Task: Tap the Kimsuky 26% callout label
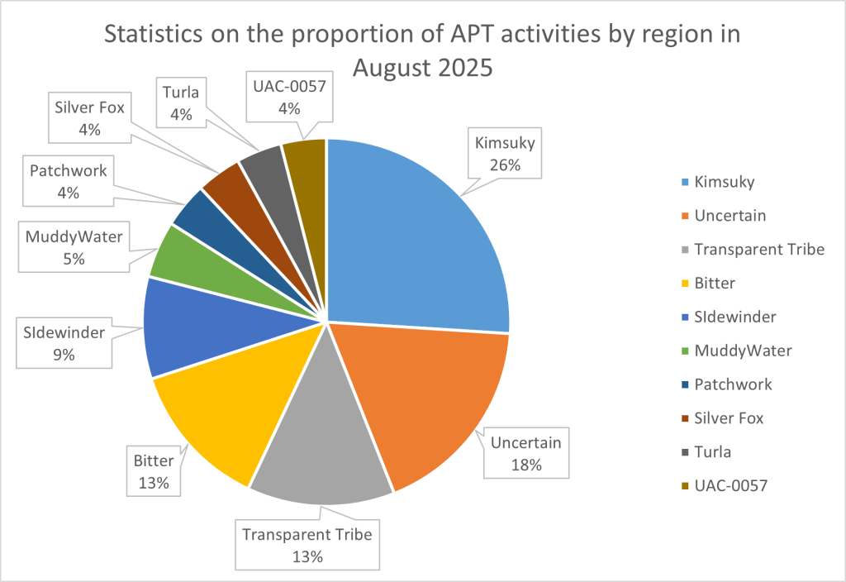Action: (x=506, y=154)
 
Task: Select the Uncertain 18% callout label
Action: (x=525, y=453)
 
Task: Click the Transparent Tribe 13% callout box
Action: (x=307, y=545)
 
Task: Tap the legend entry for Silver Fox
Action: (x=729, y=418)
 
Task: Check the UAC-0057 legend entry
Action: (x=730, y=486)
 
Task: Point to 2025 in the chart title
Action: (x=459, y=68)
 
